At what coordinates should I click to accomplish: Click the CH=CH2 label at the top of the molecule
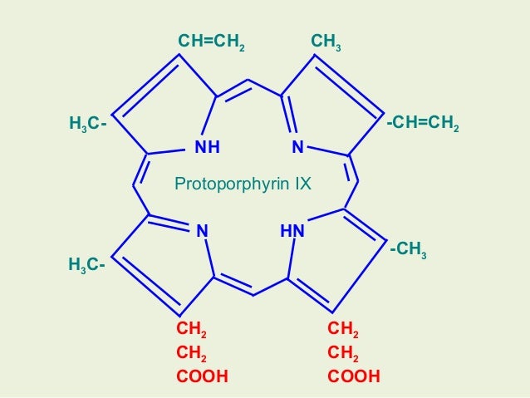[212, 41]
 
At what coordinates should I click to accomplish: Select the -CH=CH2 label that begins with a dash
[423, 125]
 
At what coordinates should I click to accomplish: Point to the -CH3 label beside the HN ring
[408, 249]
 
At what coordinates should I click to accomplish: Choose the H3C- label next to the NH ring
[87, 125]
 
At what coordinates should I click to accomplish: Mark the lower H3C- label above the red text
[86, 266]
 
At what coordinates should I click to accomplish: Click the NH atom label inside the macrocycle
[207, 148]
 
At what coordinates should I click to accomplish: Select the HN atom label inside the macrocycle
[292, 230]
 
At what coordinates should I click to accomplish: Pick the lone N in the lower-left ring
[200, 230]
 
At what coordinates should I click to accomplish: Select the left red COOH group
[202, 376]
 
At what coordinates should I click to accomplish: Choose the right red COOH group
[354, 376]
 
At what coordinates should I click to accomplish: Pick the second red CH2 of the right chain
[343, 354]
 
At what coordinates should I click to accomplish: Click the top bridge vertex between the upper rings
[248, 81]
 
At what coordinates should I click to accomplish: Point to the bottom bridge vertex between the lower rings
[254, 294]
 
